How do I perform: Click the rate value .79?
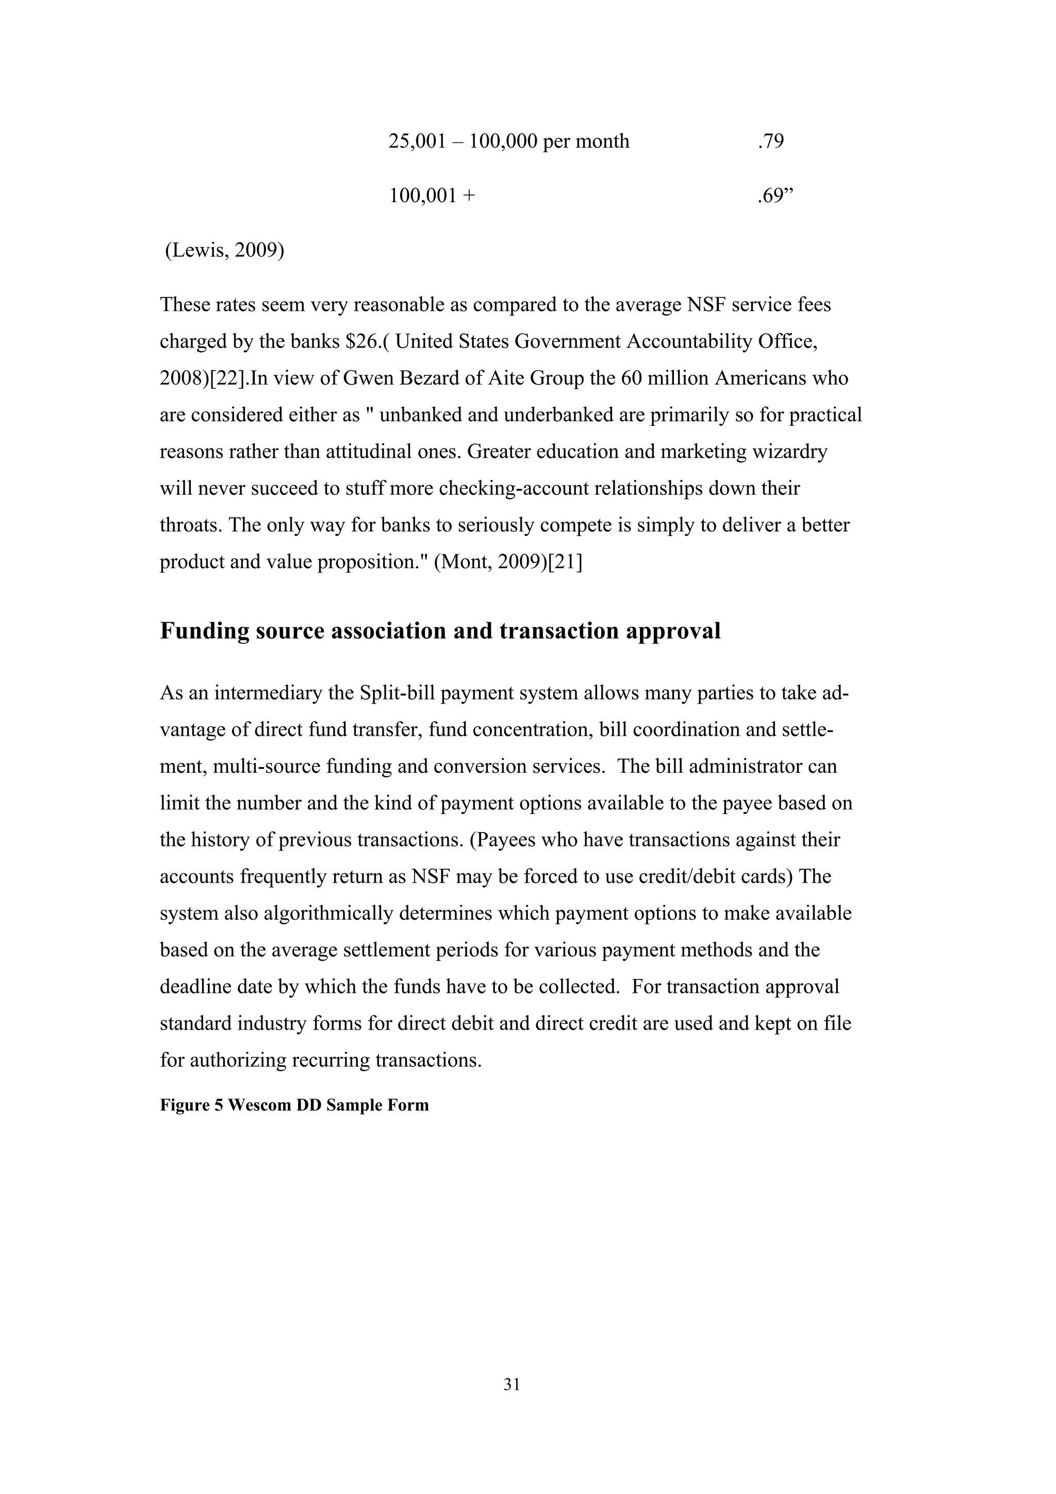tap(770, 141)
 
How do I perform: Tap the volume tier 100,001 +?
tap(432, 196)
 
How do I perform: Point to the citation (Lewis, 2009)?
tap(224, 251)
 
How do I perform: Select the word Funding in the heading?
tap(204, 631)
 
